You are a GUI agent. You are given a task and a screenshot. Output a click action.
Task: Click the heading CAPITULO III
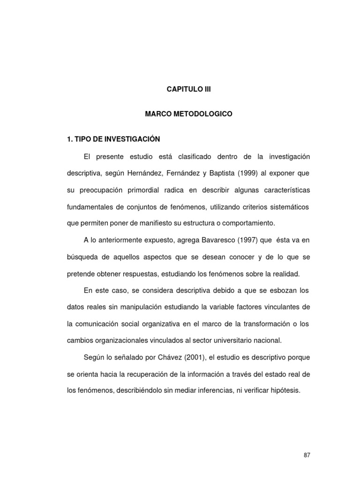189,89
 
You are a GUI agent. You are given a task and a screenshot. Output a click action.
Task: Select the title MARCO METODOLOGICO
189,114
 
